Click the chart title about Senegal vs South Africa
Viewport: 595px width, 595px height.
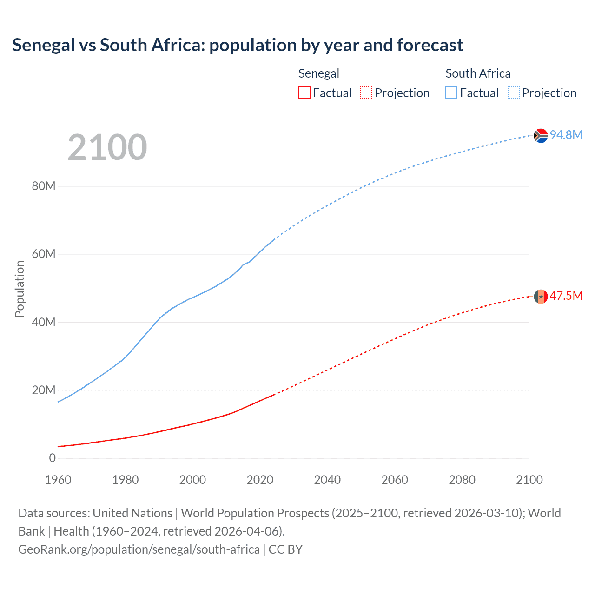[238, 45]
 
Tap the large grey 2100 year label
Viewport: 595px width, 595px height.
[107, 147]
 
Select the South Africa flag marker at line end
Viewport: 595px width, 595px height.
[541, 135]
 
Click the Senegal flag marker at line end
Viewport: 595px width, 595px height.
[541, 296]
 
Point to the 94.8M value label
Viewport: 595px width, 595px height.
[566, 135]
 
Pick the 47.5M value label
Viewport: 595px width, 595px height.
[566, 296]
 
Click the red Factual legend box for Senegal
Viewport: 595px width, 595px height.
[304, 93]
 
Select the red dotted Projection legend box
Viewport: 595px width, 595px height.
[366, 93]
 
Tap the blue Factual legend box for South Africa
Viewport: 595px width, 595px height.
[451, 93]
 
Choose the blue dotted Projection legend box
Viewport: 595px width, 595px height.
[514, 93]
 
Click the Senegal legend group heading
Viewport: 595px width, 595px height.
[319, 73]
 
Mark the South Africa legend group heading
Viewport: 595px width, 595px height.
[478, 73]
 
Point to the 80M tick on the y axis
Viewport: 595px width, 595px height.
[44, 186]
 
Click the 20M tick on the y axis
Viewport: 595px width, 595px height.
[44, 390]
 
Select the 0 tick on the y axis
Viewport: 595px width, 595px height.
[52, 458]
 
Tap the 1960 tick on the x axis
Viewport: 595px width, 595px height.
[58, 480]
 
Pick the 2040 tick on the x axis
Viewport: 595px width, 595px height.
[327, 480]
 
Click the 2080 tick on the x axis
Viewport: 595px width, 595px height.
[462, 480]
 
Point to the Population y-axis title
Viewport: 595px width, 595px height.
[20, 289]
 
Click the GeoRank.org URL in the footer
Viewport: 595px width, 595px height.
[139, 549]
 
